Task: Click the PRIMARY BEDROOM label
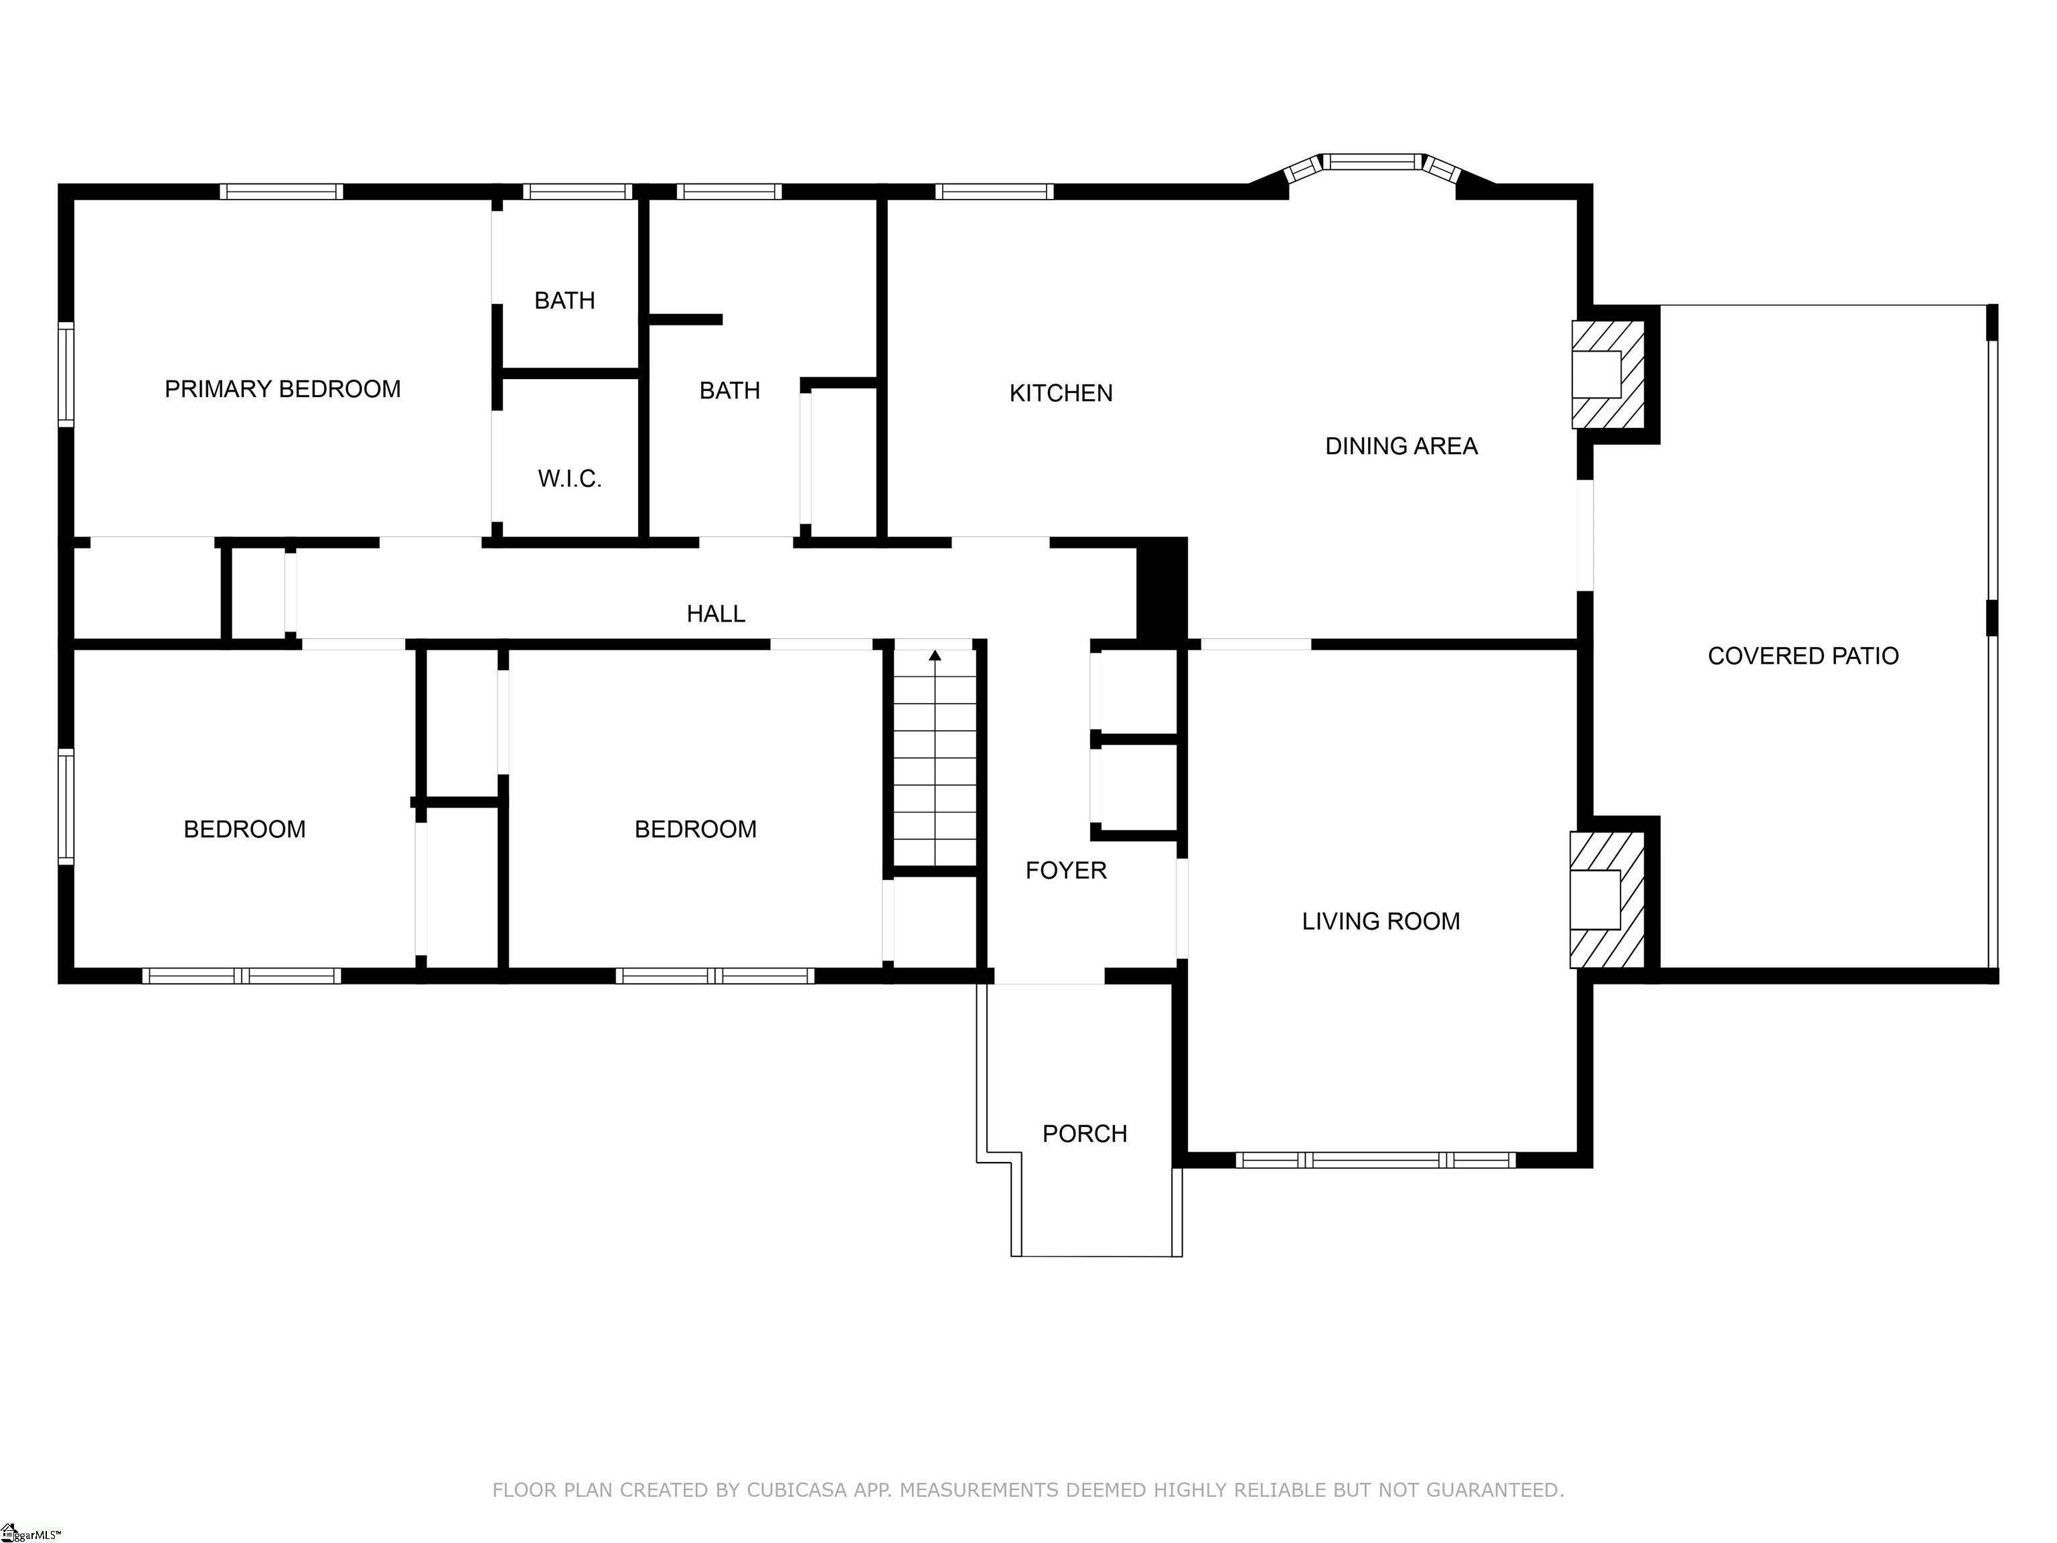pos(282,389)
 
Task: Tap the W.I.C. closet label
pos(569,479)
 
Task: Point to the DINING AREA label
pos(1401,447)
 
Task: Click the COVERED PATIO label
pos(1802,656)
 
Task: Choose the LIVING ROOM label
pos(1380,922)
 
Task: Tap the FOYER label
pos(1066,871)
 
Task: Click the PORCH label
pos(1084,1134)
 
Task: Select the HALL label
pos(715,614)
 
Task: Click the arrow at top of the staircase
pos(935,656)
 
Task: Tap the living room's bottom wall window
pos(1375,1160)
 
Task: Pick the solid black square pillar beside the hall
pos(1162,589)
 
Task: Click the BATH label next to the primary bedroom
pos(564,301)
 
